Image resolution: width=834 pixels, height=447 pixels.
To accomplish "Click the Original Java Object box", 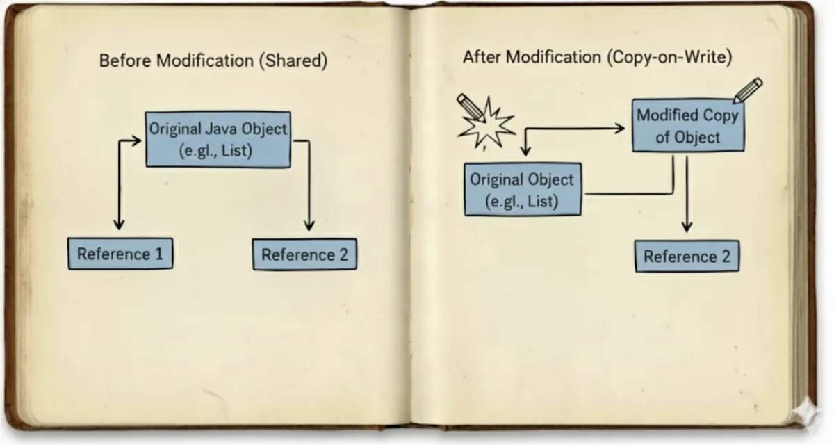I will pyautogui.click(x=218, y=138).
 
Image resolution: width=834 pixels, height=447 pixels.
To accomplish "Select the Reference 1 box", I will pyautogui.click(x=120, y=254).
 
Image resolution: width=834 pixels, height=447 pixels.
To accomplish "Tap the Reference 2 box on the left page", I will pyautogui.click(x=304, y=254).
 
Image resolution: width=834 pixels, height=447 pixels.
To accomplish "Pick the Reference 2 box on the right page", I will pyautogui.click(x=687, y=257).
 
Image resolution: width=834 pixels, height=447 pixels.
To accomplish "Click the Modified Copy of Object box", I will pyautogui.click(x=687, y=126).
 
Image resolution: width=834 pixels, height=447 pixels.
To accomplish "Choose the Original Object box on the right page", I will pyautogui.click(x=522, y=190).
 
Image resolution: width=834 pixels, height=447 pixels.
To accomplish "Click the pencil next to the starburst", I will pyautogui.click(x=468, y=106).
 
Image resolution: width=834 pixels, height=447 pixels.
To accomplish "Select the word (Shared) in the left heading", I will pyautogui.click(x=292, y=60).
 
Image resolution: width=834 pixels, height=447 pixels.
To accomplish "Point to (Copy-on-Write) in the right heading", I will pyautogui.click(x=669, y=58).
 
